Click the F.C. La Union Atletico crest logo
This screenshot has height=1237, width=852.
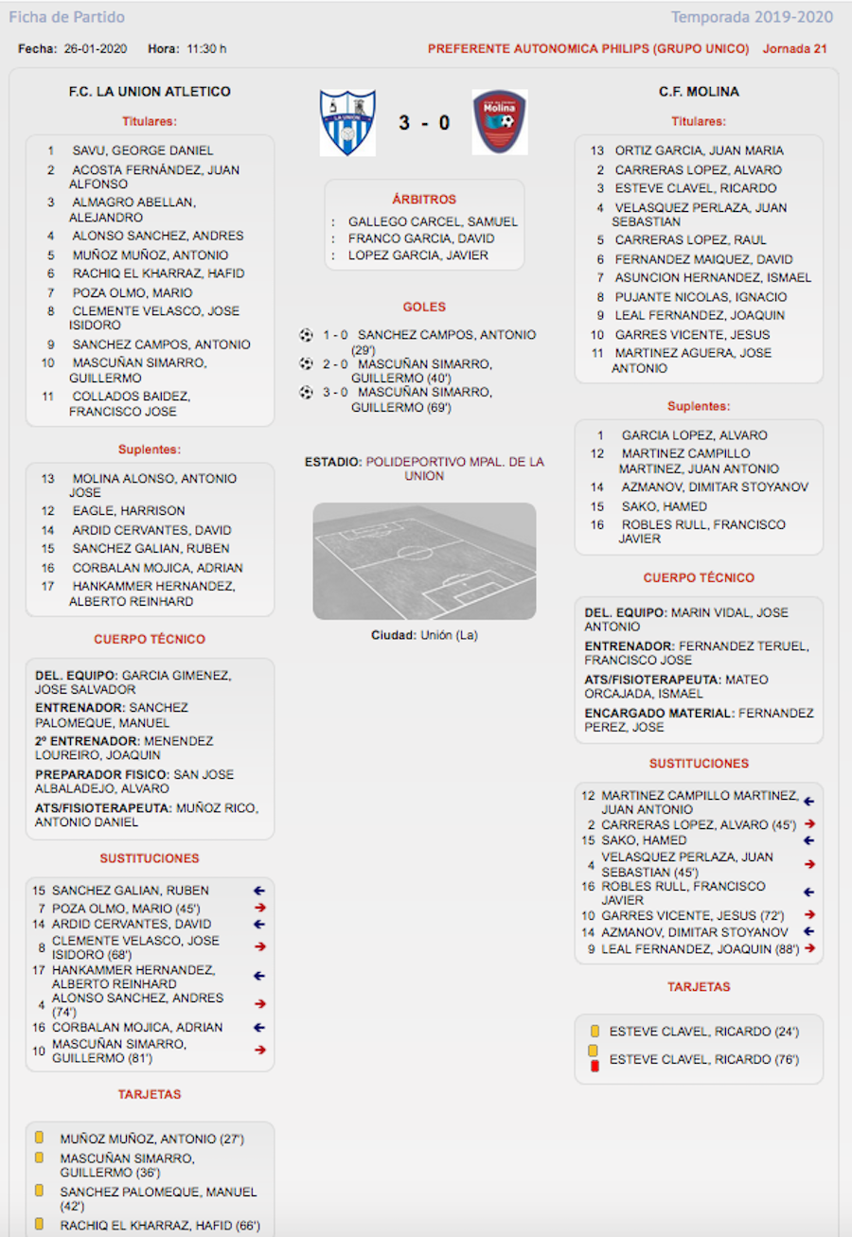tap(347, 123)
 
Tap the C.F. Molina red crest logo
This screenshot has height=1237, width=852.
tap(500, 122)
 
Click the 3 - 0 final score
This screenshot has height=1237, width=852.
tap(424, 123)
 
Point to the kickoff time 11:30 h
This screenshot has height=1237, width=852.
tap(206, 48)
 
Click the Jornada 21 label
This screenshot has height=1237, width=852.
tap(794, 48)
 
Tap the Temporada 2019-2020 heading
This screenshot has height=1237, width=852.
tap(752, 17)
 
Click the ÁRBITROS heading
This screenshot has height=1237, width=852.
tap(424, 200)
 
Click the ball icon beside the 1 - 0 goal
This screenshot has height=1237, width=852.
tap(306, 335)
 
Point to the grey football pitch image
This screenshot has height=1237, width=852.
tap(424, 560)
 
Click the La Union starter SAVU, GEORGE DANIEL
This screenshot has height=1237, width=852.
tap(143, 150)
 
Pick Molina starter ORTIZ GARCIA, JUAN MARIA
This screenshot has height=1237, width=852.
tap(699, 150)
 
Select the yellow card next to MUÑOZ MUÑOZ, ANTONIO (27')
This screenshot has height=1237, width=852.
tap(40, 1139)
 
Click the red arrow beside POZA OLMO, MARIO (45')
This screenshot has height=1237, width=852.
tap(259, 908)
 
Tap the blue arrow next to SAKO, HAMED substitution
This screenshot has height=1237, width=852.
tap(809, 840)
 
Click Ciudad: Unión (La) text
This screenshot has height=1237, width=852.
tap(424, 635)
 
